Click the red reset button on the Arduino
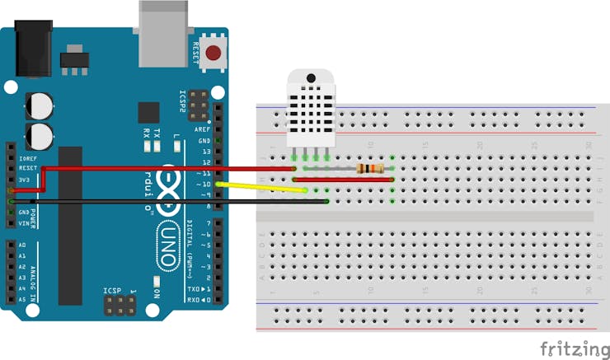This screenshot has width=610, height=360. coord(213,54)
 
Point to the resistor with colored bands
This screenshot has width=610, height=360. coord(371,169)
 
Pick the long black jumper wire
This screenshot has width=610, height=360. coord(165,200)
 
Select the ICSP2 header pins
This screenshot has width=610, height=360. coord(197,105)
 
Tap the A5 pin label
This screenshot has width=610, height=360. coord(21,300)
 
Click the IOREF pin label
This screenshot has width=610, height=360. coord(26,157)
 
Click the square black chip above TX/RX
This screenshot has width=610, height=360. coord(148,113)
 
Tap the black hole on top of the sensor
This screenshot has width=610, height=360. coord(310,78)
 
